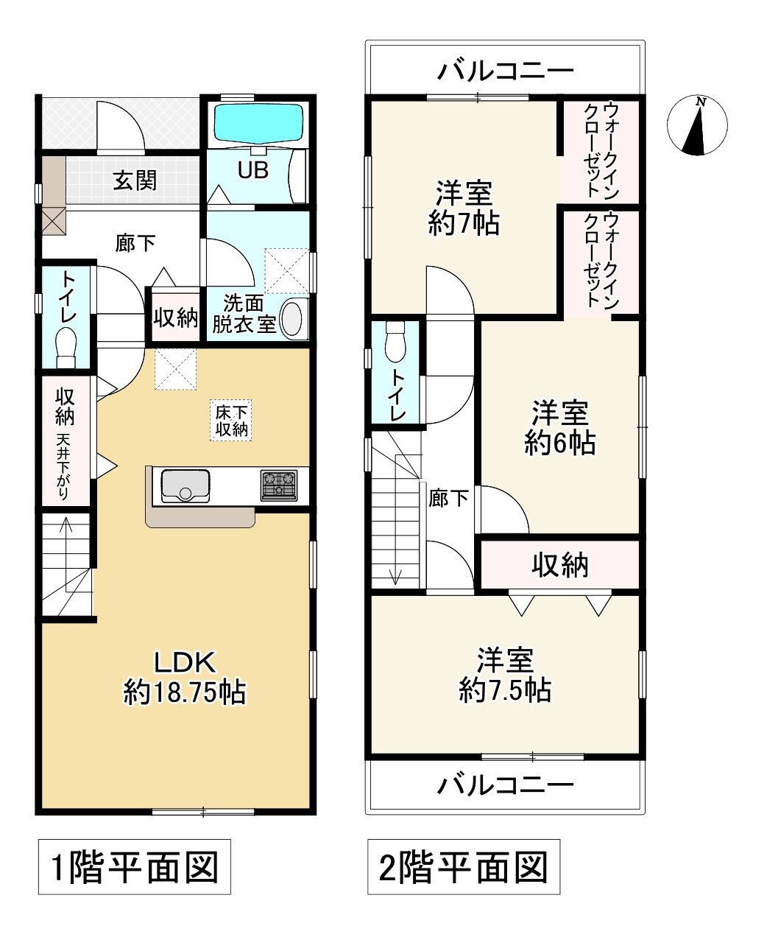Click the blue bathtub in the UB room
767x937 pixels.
pos(259,122)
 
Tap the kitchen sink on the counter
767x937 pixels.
pos(185,486)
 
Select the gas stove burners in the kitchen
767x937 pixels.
pos(279,485)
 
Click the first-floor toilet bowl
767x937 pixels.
pos(66,348)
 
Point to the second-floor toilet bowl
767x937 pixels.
pos(395,341)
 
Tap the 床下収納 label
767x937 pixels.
pos(231,421)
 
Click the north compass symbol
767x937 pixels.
pos(697,125)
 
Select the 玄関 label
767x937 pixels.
pos(135,180)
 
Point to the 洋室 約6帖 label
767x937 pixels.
pos(559,427)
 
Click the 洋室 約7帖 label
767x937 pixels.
pos(464,208)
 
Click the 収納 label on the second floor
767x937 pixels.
pos(560,565)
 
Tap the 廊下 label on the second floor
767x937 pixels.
pos(448,498)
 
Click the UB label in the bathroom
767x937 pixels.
pos(253,170)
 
